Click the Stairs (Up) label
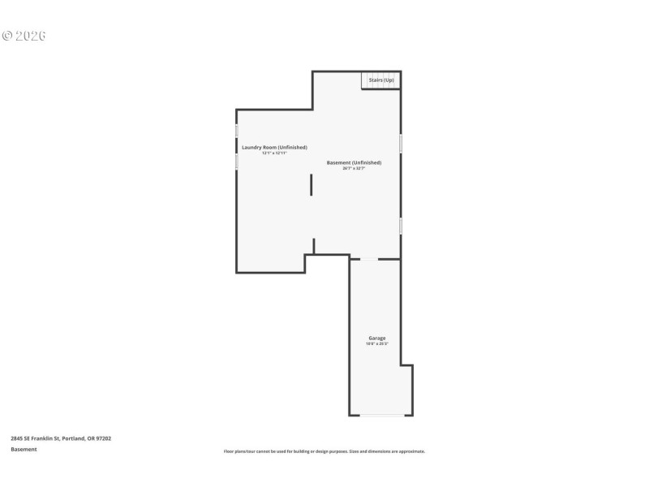(x=381, y=80)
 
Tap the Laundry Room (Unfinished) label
(x=274, y=147)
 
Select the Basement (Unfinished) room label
(x=354, y=162)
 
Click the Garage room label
(x=377, y=338)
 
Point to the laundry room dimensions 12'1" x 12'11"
(x=274, y=153)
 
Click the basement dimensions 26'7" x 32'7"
(x=354, y=168)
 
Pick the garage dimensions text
(x=377, y=344)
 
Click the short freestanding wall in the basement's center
(x=311, y=184)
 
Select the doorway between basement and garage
(x=369, y=259)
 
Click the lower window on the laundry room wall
(x=236, y=162)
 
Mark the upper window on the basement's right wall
(x=400, y=143)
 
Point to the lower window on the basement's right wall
(x=400, y=225)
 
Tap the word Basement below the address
(x=24, y=449)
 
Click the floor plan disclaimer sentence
(x=324, y=451)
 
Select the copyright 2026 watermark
(x=24, y=36)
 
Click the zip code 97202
(x=103, y=438)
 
